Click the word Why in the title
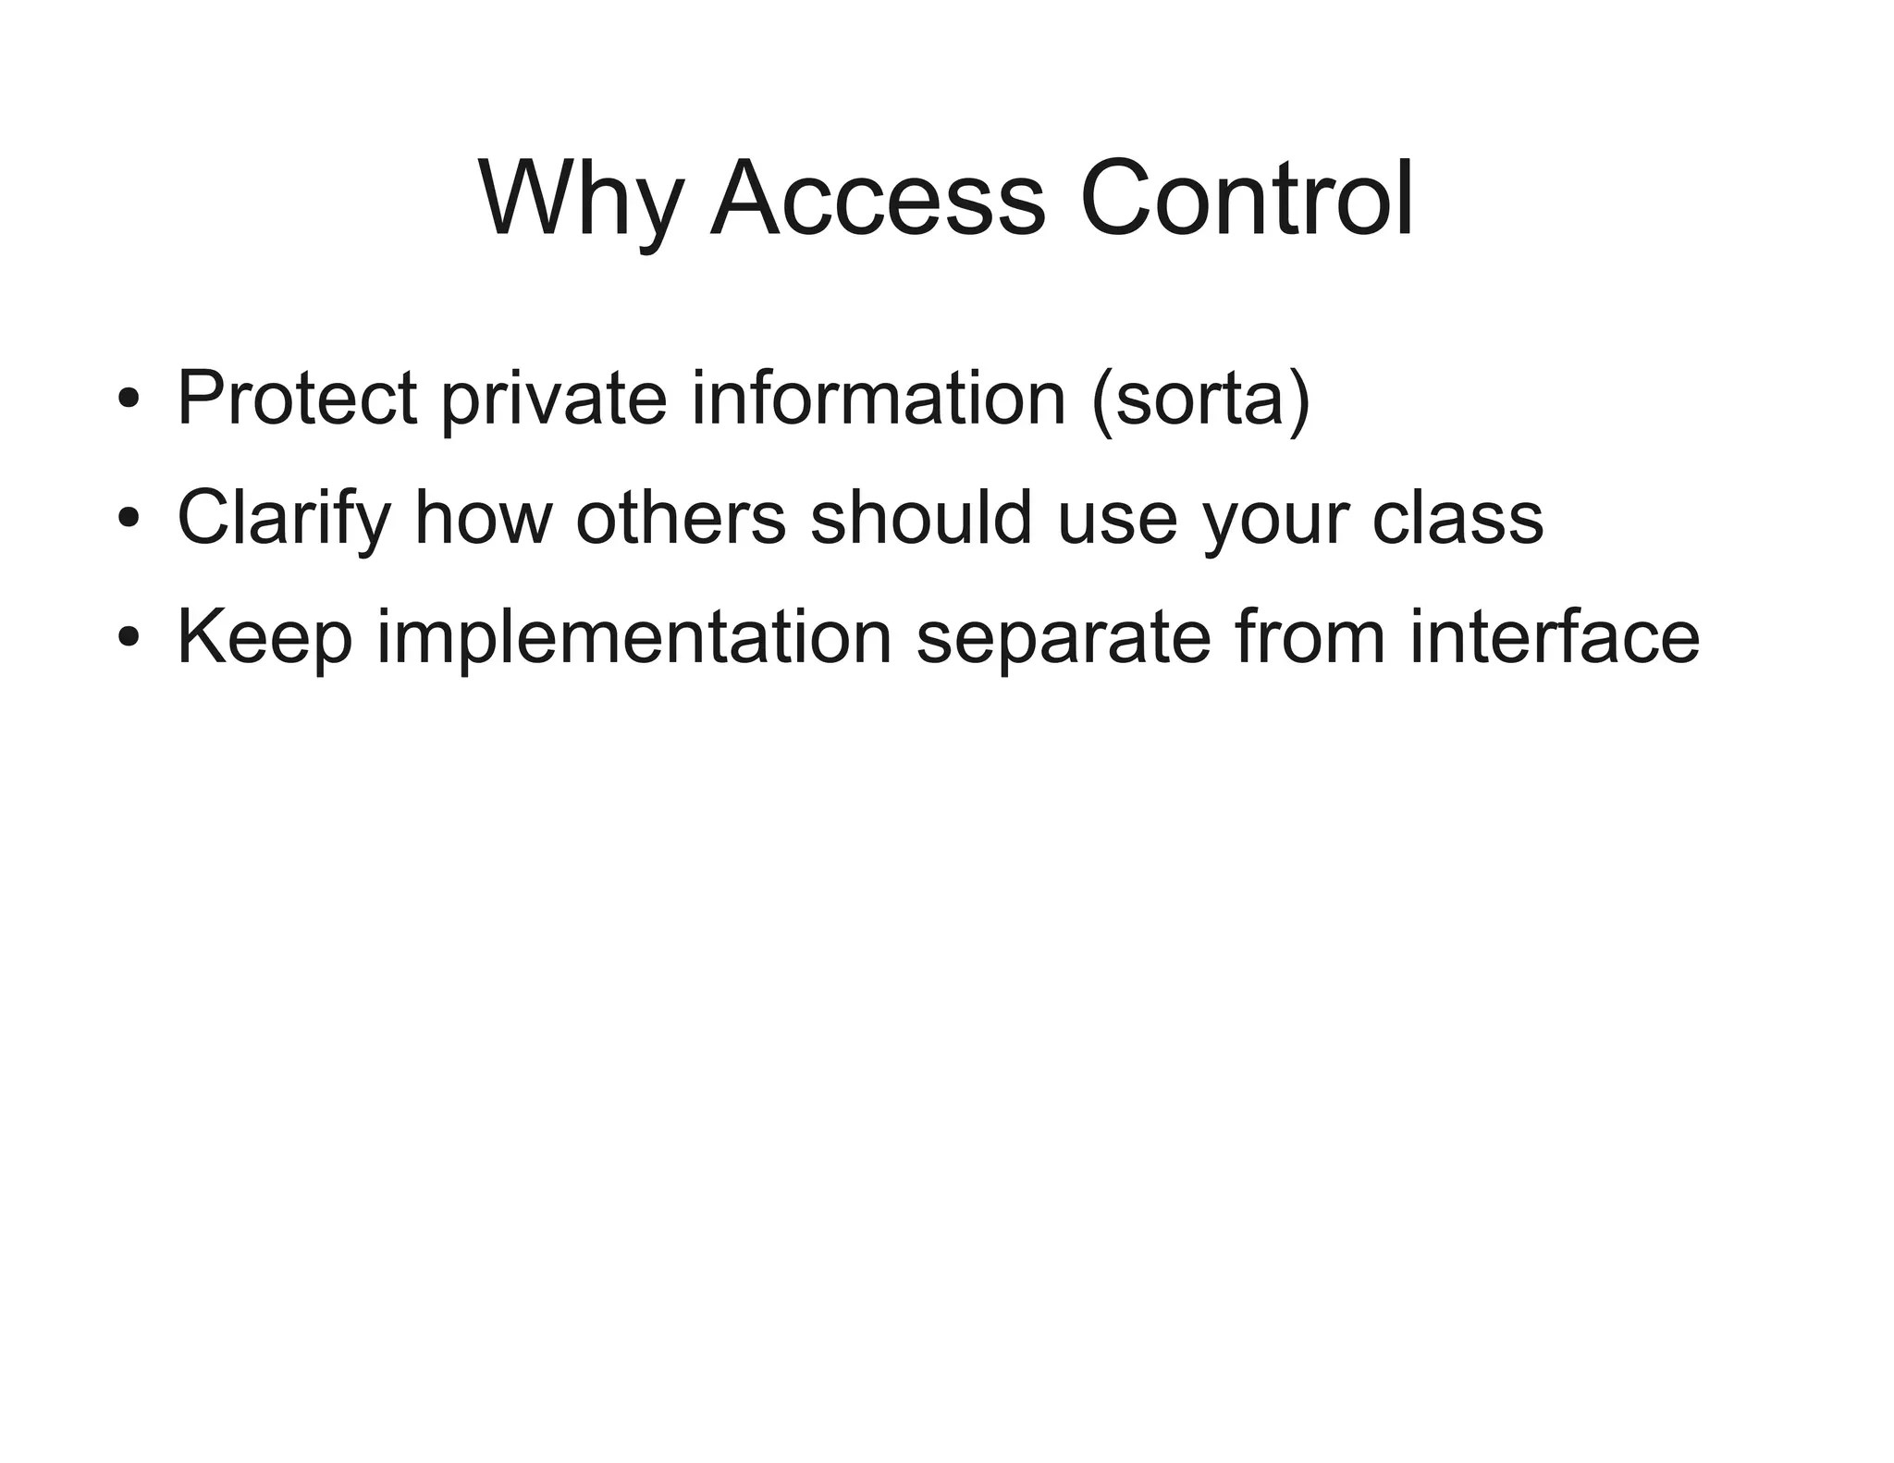coord(581,201)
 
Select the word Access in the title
coord(878,201)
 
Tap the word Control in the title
coord(1246,201)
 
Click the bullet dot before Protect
coord(129,399)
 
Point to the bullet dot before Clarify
coord(129,518)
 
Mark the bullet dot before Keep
coord(129,637)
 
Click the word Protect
coord(296,399)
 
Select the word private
coord(553,399)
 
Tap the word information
coord(879,399)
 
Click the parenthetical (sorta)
coord(1200,399)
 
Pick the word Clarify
coord(284,518)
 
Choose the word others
coord(680,518)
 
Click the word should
coord(920,518)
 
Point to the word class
coord(1457,518)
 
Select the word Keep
coord(264,637)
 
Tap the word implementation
coord(634,637)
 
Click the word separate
coord(1064,637)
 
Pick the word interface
coord(1555,637)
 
